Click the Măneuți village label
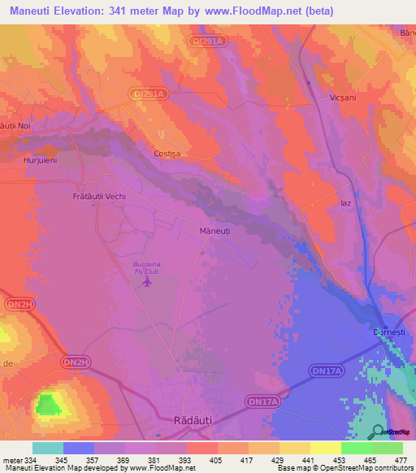pyautogui.click(x=215, y=232)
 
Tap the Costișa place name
pyautogui.click(x=167, y=153)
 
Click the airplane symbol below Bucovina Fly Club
pyautogui.click(x=147, y=283)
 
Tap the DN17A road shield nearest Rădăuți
pyautogui.click(x=262, y=401)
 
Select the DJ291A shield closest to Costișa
pyautogui.click(x=149, y=94)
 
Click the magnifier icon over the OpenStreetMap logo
pyautogui.click(x=377, y=432)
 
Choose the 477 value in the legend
pyautogui.click(x=401, y=460)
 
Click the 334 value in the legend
pyautogui.click(x=32, y=460)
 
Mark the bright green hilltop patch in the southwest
pyautogui.click(x=47, y=404)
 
